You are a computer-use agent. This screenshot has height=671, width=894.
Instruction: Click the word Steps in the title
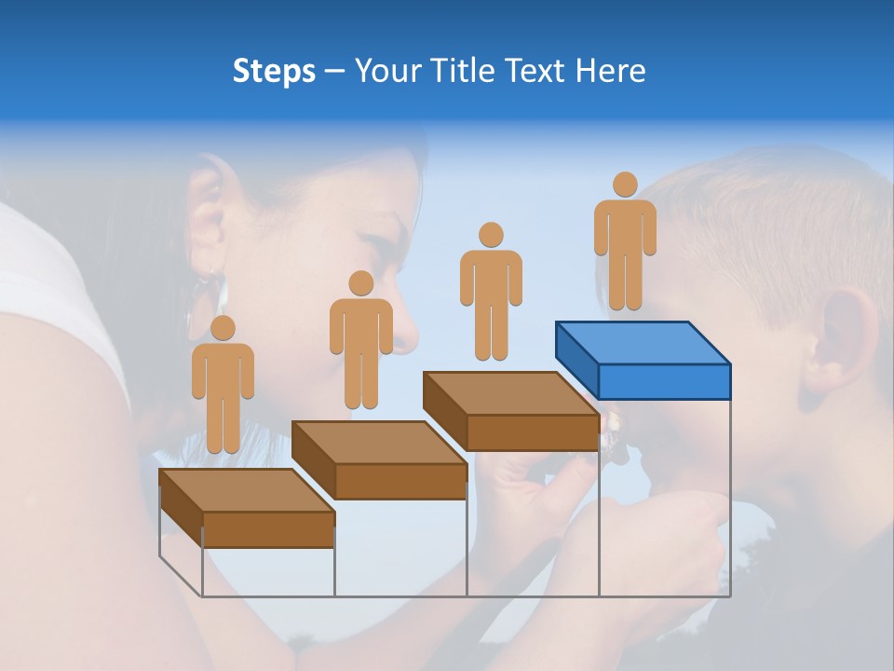click(x=274, y=71)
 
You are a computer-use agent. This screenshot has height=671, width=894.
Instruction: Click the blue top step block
click(x=643, y=359)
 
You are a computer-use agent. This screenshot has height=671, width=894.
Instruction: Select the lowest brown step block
click(x=247, y=508)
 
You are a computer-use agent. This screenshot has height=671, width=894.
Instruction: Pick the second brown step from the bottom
click(x=379, y=459)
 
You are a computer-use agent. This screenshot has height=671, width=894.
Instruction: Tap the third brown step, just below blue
click(x=510, y=410)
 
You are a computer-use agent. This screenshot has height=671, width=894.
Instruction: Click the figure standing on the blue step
click(x=625, y=242)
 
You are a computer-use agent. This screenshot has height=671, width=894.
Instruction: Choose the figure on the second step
click(x=360, y=340)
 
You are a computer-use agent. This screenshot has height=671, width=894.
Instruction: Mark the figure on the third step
click(x=491, y=292)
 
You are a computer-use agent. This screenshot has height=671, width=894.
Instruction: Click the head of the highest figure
click(x=625, y=185)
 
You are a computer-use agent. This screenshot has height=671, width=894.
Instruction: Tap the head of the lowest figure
click(x=223, y=328)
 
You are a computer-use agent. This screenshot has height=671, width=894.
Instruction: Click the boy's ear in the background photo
click(x=838, y=340)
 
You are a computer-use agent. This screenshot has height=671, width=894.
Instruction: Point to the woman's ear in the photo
click(x=207, y=219)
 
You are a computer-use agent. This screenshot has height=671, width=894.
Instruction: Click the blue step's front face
click(x=664, y=381)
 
